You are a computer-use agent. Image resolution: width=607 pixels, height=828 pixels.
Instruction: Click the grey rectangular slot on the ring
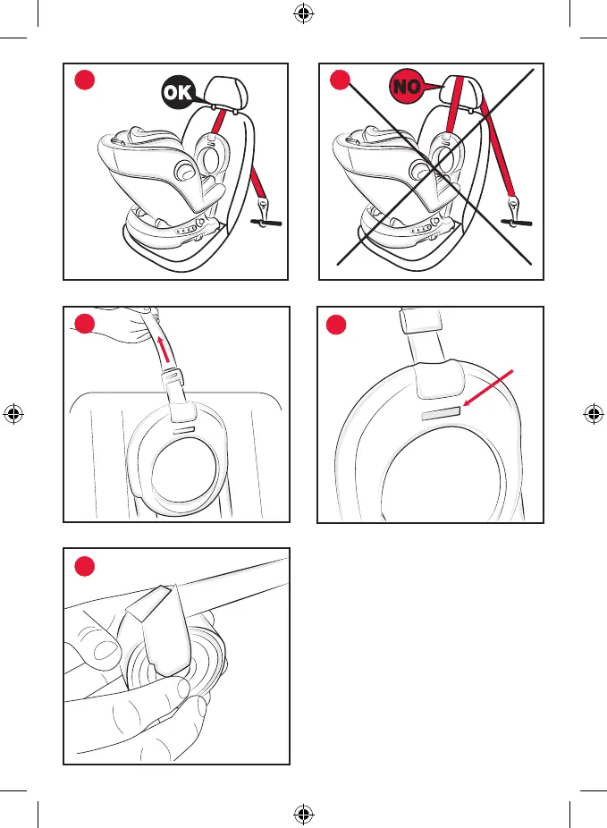coord(442,412)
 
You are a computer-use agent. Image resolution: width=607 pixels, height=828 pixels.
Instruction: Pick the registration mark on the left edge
coord(13,414)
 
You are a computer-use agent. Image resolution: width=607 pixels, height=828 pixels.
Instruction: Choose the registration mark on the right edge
coord(593,414)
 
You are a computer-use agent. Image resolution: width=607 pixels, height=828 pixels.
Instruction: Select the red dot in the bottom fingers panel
coord(83,567)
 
